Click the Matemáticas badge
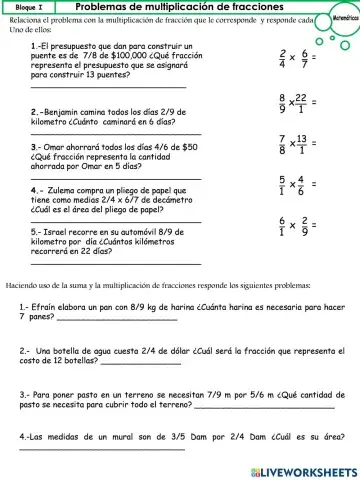coord(342,20)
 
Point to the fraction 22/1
coord(303,103)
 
